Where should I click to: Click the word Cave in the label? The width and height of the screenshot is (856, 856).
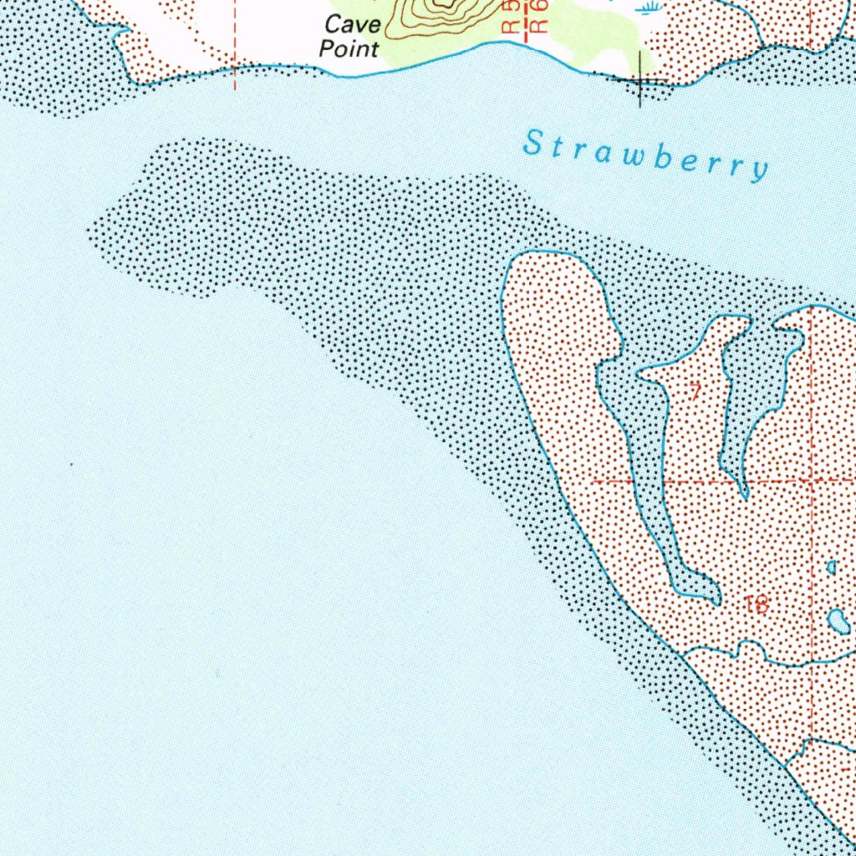[x=352, y=25]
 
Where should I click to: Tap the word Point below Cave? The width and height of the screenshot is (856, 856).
[x=349, y=48]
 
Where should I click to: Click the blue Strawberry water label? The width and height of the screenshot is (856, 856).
[x=645, y=155]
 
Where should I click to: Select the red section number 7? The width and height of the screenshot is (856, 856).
[x=694, y=390]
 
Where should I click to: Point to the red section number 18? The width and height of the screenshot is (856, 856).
[x=757, y=604]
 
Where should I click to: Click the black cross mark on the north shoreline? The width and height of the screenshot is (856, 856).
[x=641, y=80]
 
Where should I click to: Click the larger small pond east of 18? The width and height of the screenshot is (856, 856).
[x=838, y=621]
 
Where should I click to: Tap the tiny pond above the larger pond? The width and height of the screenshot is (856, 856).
[x=832, y=567]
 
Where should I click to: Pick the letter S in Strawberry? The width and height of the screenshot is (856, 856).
[x=532, y=143]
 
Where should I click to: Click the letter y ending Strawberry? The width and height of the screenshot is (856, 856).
[x=760, y=171]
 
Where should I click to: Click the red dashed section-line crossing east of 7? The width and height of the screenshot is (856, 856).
[x=812, y=481]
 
